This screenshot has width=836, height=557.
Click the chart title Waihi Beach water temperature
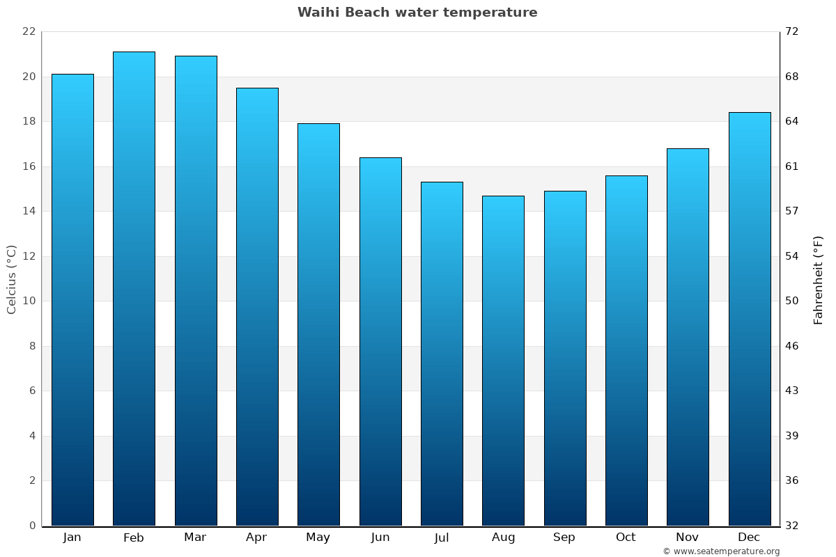tap(417, 13)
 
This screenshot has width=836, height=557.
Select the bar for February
tap(134, 289)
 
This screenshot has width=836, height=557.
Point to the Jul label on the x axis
tap(442, 538)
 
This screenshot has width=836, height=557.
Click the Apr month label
tap(256, 538)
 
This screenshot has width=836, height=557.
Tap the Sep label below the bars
tap(564, 538)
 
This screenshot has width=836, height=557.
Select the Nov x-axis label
tap(688, 538)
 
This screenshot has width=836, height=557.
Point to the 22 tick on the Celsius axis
tap(29, 31)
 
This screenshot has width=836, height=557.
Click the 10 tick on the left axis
tap(29, 301)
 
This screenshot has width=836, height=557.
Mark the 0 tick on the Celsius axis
tap(32, 526)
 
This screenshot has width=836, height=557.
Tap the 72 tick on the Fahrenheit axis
tap(792, 31)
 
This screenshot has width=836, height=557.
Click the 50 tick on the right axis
tap(792, 301)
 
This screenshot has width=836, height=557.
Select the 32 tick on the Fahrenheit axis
tap(792, 526)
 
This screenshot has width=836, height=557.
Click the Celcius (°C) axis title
tap(11, 279)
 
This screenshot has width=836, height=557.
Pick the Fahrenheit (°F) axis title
tap(819, 279)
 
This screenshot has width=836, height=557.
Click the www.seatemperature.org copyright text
tap(721, 551)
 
